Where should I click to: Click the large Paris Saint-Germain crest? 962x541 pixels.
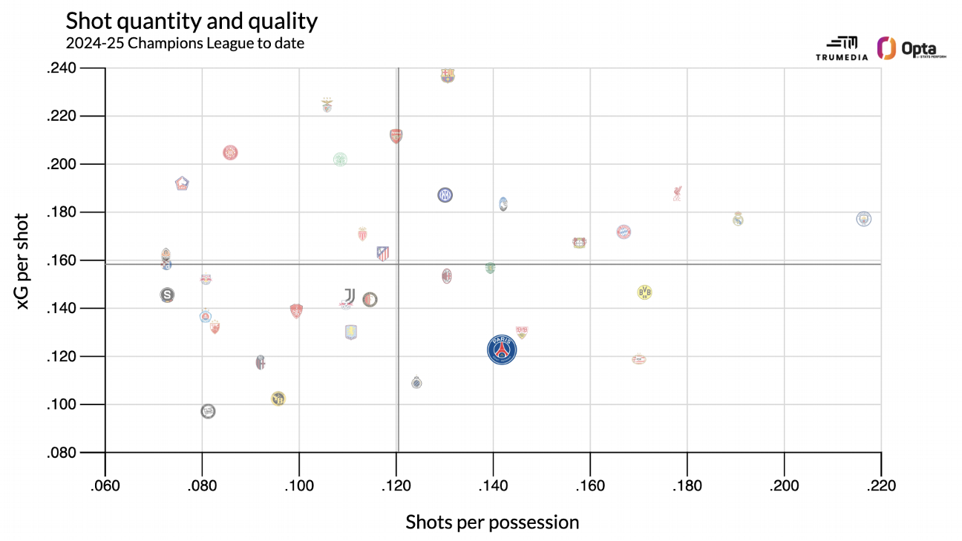coord(503,350)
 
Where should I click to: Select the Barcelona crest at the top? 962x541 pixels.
coord(448,75)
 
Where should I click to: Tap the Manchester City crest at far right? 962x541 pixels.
coord(863,219)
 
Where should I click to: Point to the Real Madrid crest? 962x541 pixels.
coord(738,218)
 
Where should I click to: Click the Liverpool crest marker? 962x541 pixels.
coord(678,194)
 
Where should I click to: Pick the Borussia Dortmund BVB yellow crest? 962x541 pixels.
coord(644,292)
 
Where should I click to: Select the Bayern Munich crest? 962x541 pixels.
coord(624,232)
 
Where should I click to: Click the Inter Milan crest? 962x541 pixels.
coord(445,195)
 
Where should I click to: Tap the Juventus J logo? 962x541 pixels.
coord(350,295)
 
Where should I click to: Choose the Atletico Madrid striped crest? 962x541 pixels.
coord(382,253)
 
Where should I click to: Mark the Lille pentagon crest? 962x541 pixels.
coord(182,183)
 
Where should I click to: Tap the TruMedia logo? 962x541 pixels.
coord(841,48)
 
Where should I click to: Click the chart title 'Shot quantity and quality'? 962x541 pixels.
coord(192,21)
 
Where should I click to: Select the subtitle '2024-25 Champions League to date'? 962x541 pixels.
coord(185,44)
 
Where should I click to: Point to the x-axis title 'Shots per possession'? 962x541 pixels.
coord(492,522)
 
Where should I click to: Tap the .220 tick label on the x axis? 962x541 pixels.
coord(881,485)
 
